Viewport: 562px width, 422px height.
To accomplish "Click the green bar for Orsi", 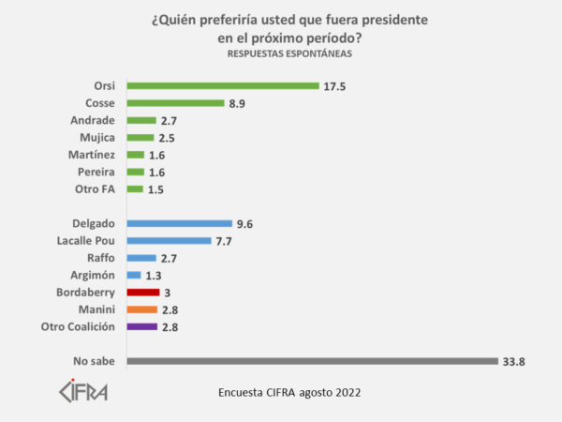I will click(x=223, y=86).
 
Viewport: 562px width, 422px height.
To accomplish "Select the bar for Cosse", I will click(x=175, y=103).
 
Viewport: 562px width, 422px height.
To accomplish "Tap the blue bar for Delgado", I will click(x=179, y=223).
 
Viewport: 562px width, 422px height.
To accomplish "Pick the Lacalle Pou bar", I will click(x=169, y=241).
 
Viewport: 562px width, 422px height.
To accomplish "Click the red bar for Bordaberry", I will click(x=142, y=293).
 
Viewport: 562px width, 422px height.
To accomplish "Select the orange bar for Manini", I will click(x=141, y=309).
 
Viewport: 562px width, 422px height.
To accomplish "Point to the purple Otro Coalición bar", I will click(x=141, y=326).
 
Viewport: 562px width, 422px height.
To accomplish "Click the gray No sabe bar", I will click(x=311, y=361).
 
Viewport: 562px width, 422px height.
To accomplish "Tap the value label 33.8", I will click(x=514, y=361).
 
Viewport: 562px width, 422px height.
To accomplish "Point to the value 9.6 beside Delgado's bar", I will click(x=245, y=223).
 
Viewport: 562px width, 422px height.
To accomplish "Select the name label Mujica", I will click(x=94, y=138).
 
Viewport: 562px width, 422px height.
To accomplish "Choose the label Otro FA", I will click(x=95, y=188).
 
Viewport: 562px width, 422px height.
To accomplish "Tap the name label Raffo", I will click(x=98, y=258).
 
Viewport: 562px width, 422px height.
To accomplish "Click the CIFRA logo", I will click(x=82, y=390).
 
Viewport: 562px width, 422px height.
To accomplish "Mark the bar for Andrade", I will click(x=140, y=120).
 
